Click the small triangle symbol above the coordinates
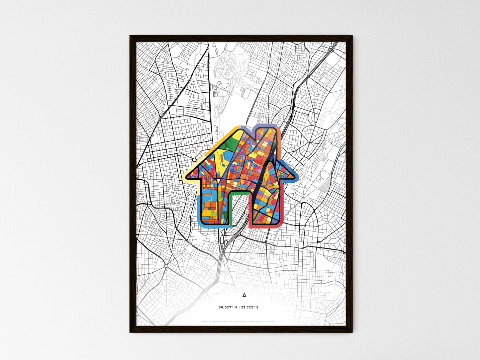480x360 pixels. point(244,295)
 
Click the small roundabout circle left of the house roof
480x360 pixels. point(194,160)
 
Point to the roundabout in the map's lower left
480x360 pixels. point(165,266)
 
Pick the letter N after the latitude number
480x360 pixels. point(236,307)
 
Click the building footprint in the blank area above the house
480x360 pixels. point(245,93)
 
